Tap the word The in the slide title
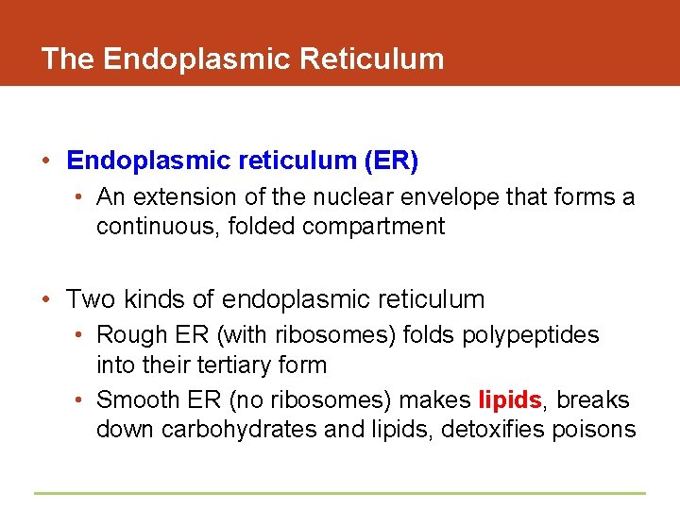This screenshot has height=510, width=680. [68, 59]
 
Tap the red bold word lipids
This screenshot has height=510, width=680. [510, 399]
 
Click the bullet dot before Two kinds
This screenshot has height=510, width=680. [47, 301]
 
